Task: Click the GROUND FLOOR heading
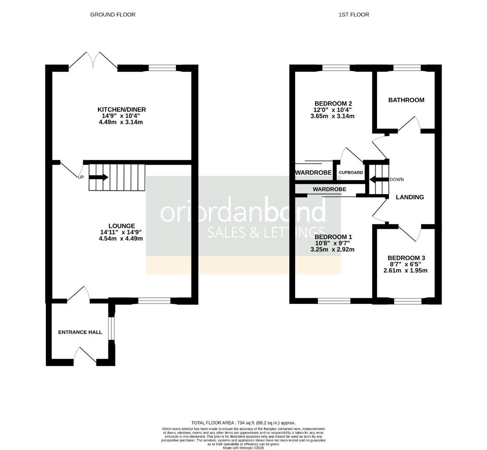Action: pyautogui.click(x=113, y=15)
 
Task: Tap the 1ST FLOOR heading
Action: pyautogui.click(x=354, y=15)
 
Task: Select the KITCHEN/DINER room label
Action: pyautogui.click(x=122, y=110)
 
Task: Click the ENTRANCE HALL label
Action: pyautogui.click(x=80, y=332)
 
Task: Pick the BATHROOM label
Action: pyautogui.click(x=406, y=100)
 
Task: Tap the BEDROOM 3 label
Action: pyautogui.click(x=406, y=258)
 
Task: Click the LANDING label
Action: pyautogui.click(x=410, y=197)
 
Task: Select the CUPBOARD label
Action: pyautogui.click(x=351, y=172)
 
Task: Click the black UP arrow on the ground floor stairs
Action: pyautogui.click(x=98, y=177)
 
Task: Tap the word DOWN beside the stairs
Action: pyautogui.click(x=397, y=180)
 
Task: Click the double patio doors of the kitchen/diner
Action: pyautogui.click(x=93, y=60)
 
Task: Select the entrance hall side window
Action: pyautogui.click(x=111, y=328)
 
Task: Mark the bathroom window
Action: pyautogui.click(x=407, y=68)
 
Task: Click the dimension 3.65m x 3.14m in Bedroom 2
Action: pyautogui.click(x=332, y=116)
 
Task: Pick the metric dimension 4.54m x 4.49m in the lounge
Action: pyautogui.click(x=121, y=238)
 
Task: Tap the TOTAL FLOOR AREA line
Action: pyautogui.click(x=243, y=422)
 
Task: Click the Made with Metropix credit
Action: pyautogui.click(x=243, y=448)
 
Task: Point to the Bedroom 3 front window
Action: pyautogui.click(x=408, y=301)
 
